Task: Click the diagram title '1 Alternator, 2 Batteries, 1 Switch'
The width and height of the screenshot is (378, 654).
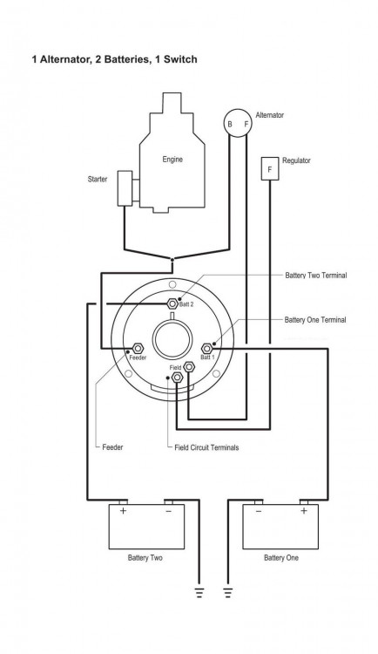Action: coord(115,59)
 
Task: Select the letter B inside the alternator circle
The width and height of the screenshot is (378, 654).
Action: coord(230,125)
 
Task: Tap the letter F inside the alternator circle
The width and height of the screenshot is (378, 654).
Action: coord(246,124)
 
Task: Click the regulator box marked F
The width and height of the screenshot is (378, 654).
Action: coord(270,168)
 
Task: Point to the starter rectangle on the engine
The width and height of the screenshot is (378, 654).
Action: coord(125,188)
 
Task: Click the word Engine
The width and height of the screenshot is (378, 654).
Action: coord(172,160)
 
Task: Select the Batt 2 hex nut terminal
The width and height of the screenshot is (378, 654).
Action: coord(172,303)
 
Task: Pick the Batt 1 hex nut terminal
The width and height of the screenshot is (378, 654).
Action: coord(207,348)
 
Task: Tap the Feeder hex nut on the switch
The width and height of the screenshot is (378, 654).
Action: coord(138,348)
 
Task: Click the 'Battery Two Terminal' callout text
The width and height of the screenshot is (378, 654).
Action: coord(316,276)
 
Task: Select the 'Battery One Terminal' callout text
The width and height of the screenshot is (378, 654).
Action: coord(315,320)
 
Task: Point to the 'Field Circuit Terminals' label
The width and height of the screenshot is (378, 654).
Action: coord(206,447)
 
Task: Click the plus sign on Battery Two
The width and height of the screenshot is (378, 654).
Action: coord(124,510)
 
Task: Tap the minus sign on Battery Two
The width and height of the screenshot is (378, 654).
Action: coord(168,510)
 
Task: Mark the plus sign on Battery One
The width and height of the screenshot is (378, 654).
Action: coord(304,510)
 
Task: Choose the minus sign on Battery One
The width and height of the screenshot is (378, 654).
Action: coord(259,510)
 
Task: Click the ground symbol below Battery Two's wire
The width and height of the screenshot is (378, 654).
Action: coord(199,592)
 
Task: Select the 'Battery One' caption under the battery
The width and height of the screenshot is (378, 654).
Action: coord(281,558)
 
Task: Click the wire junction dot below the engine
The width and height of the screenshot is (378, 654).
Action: coord(172,260)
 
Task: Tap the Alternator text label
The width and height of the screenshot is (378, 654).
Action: coord(270,115)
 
